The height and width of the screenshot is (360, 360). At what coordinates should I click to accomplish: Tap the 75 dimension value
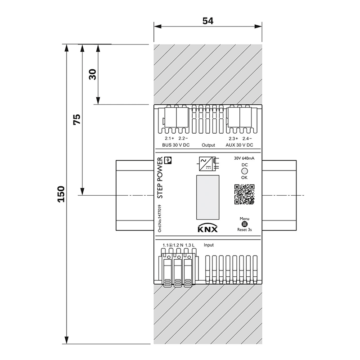77,119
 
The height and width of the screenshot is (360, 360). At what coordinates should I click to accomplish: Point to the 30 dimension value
93,74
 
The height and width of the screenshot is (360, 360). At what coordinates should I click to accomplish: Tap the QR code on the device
244,195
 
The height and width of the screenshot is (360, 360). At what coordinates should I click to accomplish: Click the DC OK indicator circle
244,171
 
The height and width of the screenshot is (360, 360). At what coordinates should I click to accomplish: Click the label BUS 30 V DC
176,145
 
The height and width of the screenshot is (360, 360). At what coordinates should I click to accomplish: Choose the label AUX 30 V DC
240,145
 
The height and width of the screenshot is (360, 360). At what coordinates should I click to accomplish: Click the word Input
209,245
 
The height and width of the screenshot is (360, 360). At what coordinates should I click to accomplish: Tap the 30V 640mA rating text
244,158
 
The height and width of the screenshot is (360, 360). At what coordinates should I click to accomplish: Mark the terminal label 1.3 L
190,245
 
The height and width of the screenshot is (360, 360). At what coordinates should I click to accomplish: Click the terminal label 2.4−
247,138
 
